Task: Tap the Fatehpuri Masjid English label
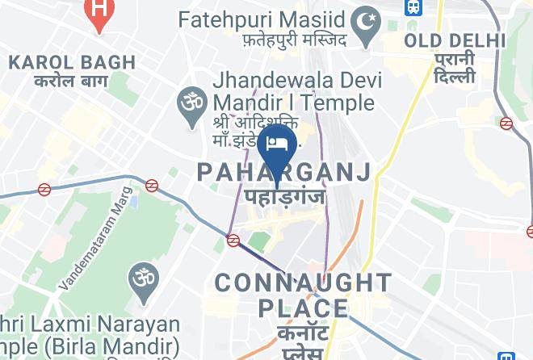[263, 18]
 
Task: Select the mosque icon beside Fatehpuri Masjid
[369, 17]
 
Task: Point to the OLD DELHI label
[455, 41]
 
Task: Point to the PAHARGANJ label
[284, 172]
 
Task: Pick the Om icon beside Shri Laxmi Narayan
[143, 279]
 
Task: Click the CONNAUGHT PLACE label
[303, 295]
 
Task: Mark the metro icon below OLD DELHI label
[506, 123]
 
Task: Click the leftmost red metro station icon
[45, 190]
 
